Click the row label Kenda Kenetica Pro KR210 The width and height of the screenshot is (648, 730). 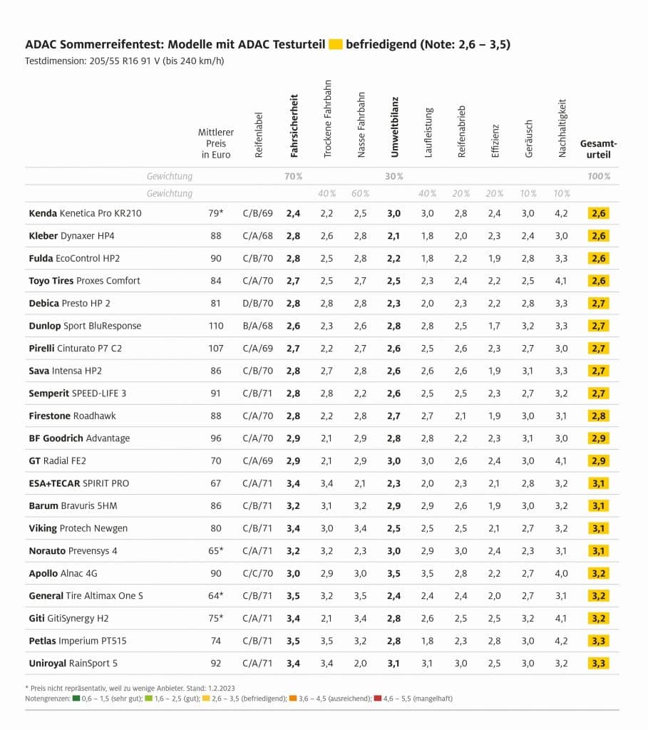pyautogui.click(x=85, y=213)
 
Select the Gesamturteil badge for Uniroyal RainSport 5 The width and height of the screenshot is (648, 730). pyautogui.click(x=599, y=664)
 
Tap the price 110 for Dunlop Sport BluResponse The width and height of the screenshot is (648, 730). pyautogui.click(x=216, y=326)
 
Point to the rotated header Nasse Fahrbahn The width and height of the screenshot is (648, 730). pyautogui.click(x=361, y=125)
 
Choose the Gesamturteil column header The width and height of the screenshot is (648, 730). pyautogui.click(x=599, y=148)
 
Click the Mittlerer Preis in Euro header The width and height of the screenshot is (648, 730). pyautogui.click(x=216, y=143)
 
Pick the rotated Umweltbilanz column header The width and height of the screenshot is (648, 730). pyautogui.click(x=394, y=127)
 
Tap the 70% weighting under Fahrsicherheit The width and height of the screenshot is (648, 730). pyautogui.click(x=293, y=176)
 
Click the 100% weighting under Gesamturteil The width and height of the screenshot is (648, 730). pyautogui.click(x=599, y=176)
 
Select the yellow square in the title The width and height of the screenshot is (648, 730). pyautogui.click(x=335, y=45)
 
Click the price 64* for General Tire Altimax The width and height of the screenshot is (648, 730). pyautogui.click(x=216, y=596)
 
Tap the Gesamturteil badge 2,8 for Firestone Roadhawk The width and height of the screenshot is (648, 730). pyautogui.click(x=599, y=416)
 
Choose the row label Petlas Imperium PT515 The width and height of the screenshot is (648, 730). pyautogui.click(x=77, y=641)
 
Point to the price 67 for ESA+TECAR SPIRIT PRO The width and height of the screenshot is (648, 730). pyautogui.click(x=216, y=483)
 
